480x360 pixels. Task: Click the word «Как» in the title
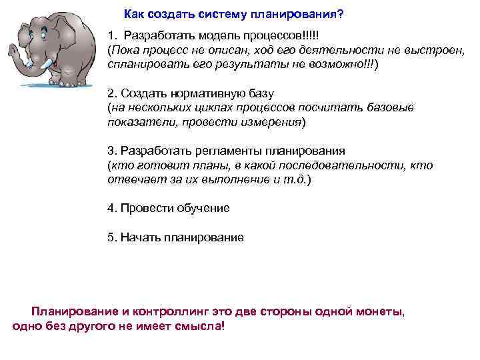(x=135, y=15)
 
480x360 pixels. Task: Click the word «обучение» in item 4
(x=203, y=208)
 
